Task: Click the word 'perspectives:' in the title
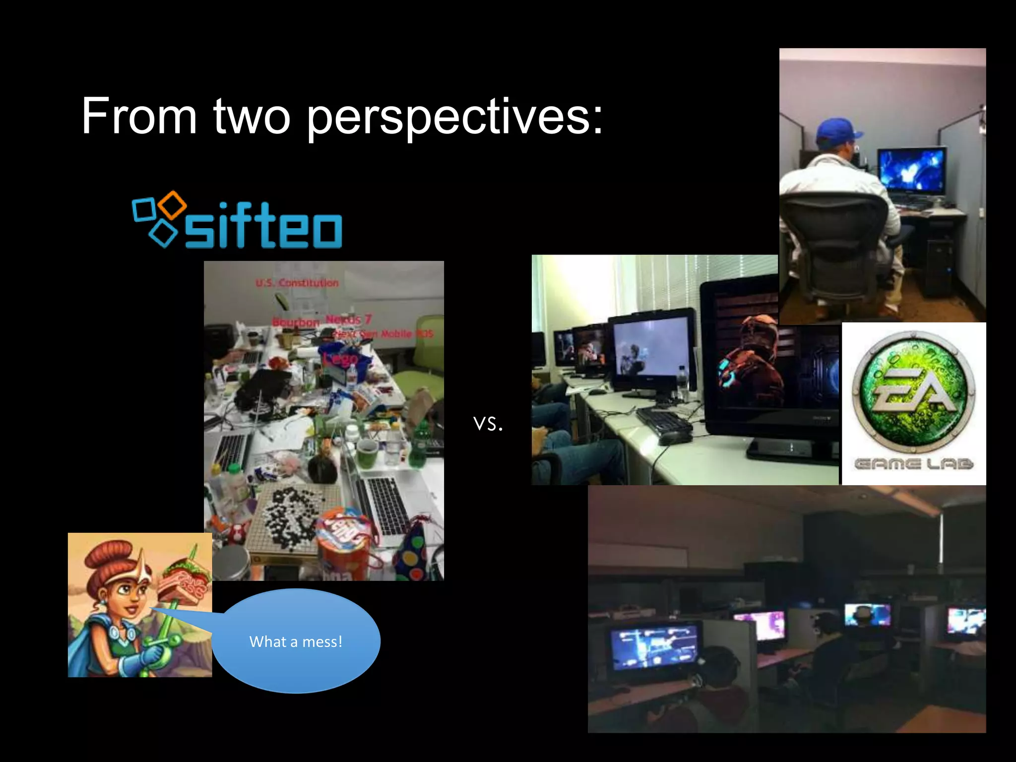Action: (x=454, y=117)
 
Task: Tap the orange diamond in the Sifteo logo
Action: (x=174, y=203)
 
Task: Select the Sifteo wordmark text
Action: (x=263, y=226)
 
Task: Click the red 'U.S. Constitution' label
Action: (x=297, y=283)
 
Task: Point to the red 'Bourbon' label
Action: (x=296, y=322)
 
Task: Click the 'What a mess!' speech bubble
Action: (x=296, y=641)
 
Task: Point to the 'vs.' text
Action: (x=488, y=423)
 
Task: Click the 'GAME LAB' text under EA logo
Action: (x=914, y=464)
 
